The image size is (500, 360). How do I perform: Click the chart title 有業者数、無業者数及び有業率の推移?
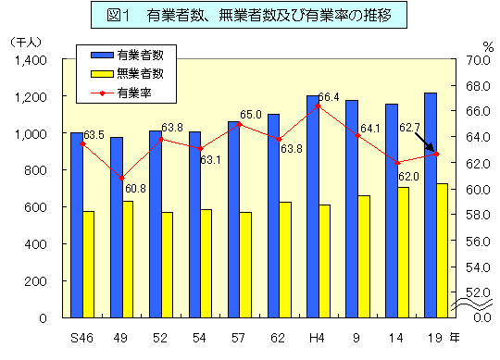(x=251, y=17)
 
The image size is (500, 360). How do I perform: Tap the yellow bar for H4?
(x=324, y=261)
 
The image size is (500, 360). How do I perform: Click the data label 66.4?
(x=329, y=96)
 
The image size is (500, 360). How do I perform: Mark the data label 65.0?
(x=250, y=115)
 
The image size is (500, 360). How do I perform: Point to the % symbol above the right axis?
(x=487, y=44)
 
